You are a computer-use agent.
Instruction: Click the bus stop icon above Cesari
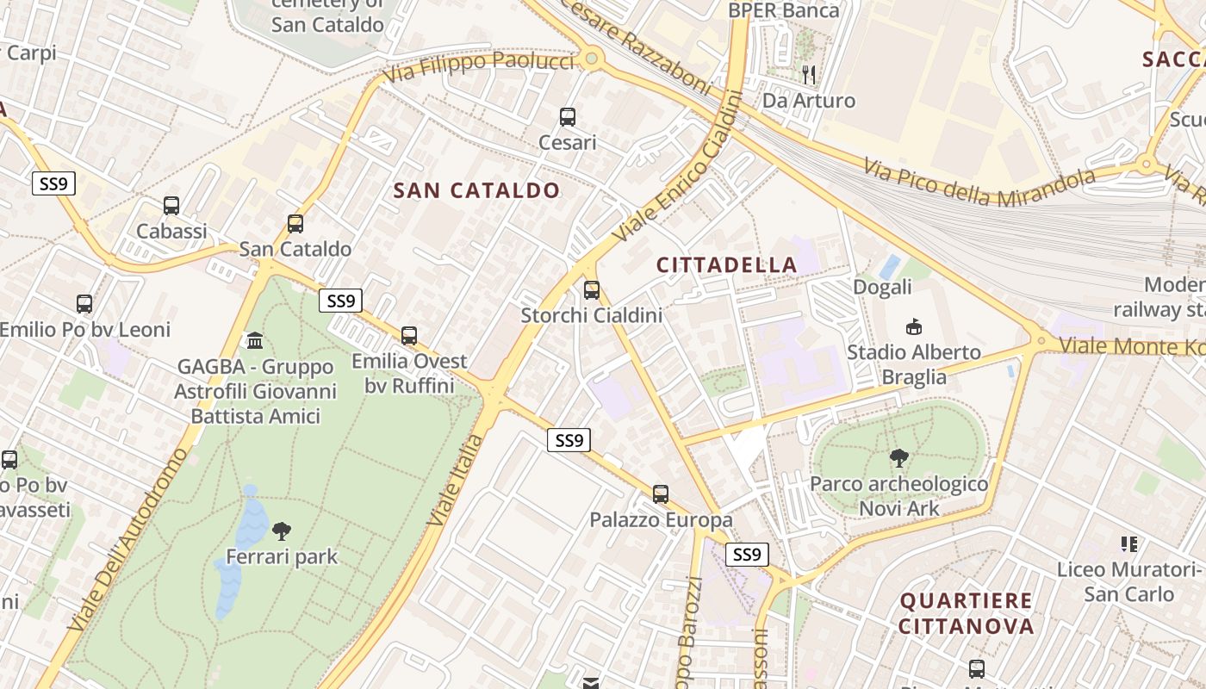tap(567, 117)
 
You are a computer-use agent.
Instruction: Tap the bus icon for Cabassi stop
tap(171, 206)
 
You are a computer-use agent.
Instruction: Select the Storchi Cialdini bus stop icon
tap(591, 290)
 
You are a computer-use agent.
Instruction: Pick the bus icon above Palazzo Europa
tap(660, 494)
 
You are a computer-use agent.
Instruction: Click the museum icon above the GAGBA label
tap(255, 341)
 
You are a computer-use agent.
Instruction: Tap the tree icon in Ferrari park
tap(281, 531)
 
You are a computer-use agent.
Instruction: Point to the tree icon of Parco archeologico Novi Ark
tap(898, 458)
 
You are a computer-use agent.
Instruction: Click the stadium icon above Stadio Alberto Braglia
tap(913, 327)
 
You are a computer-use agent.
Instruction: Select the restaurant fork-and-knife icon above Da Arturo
tap(808, 75)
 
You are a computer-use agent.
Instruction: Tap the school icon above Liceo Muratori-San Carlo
tap(1128, 544)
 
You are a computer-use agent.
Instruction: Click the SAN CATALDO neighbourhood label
tap(476, 190)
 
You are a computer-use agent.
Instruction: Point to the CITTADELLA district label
tap(727, 264)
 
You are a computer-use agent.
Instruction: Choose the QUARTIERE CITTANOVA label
tap(966, 612)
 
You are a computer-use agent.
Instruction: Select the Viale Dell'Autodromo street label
tap(129, 538)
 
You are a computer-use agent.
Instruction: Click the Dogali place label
tap(882, 287)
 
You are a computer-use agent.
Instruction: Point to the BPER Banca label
tap(783, 10)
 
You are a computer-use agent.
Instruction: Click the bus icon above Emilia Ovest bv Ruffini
tap(409, 336)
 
